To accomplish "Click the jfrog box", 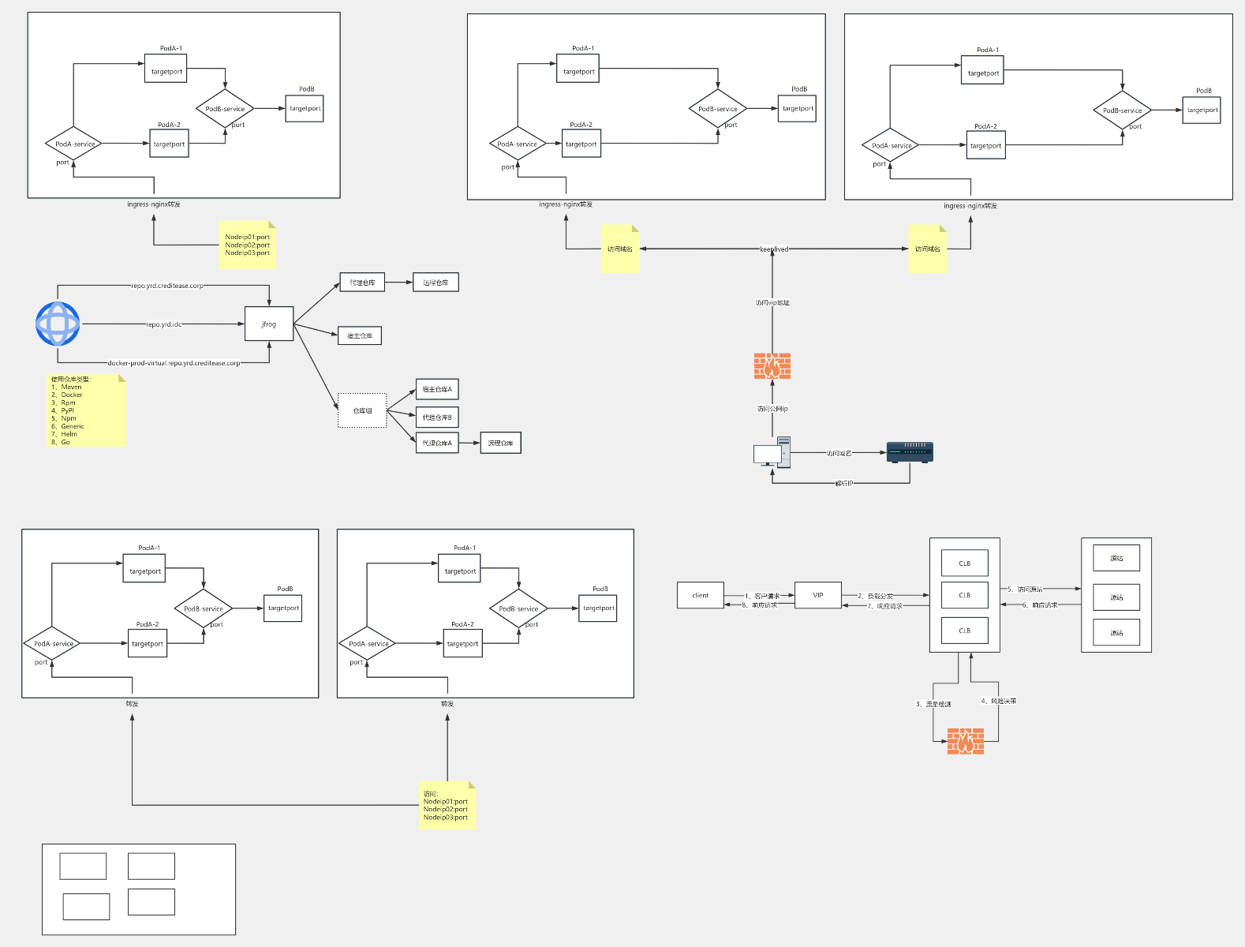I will pos(269,324).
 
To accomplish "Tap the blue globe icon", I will pos(58,324).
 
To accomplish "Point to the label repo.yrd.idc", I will pos(164,324).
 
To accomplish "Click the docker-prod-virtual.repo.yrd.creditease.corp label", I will pos(174,363).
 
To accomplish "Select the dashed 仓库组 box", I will pos(362,410).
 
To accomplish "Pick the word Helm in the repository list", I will pos(69,434).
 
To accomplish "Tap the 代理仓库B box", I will pos(437,417).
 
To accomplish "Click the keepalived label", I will pos(774,249).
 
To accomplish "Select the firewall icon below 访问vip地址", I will pos(772,366).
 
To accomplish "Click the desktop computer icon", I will pos(772,452).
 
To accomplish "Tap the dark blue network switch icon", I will pos(910,452).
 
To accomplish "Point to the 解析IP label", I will pos(844,483).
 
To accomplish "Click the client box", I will pos(700,595).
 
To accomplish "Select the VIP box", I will pos(817,595).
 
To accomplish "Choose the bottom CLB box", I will pos(964,631).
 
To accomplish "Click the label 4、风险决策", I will pos(998,701).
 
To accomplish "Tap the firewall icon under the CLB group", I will pos(965,741).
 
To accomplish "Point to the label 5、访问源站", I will pos(1025,589).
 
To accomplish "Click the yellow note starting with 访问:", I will pos(447,805).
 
